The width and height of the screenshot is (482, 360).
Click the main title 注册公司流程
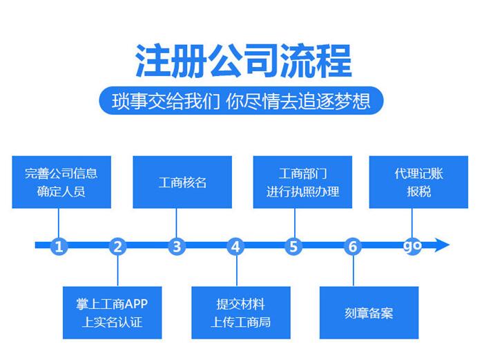244,61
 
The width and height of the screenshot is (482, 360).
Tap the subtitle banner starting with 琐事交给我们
241,101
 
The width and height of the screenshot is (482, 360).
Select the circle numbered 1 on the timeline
59,246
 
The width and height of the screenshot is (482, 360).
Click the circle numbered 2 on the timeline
117,246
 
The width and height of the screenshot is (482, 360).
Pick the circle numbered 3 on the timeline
177,246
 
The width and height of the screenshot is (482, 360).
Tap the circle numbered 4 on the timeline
235,246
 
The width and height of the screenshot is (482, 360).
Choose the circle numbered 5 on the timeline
293,246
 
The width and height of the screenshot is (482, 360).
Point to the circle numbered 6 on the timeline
353,246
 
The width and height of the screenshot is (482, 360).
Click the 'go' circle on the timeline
412,246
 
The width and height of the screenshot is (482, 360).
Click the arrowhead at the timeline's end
441,245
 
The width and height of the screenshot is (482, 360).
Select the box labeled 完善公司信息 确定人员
61,182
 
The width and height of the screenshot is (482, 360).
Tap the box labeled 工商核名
182,182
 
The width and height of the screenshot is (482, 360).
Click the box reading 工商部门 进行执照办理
302,182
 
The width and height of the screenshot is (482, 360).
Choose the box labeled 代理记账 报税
418,182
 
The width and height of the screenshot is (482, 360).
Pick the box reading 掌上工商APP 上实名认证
112,312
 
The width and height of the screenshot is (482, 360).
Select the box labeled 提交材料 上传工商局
241,312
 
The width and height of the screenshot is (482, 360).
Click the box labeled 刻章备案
369,312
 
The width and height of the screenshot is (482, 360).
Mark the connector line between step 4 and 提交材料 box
237,271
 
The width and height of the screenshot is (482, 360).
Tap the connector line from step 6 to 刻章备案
353,271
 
